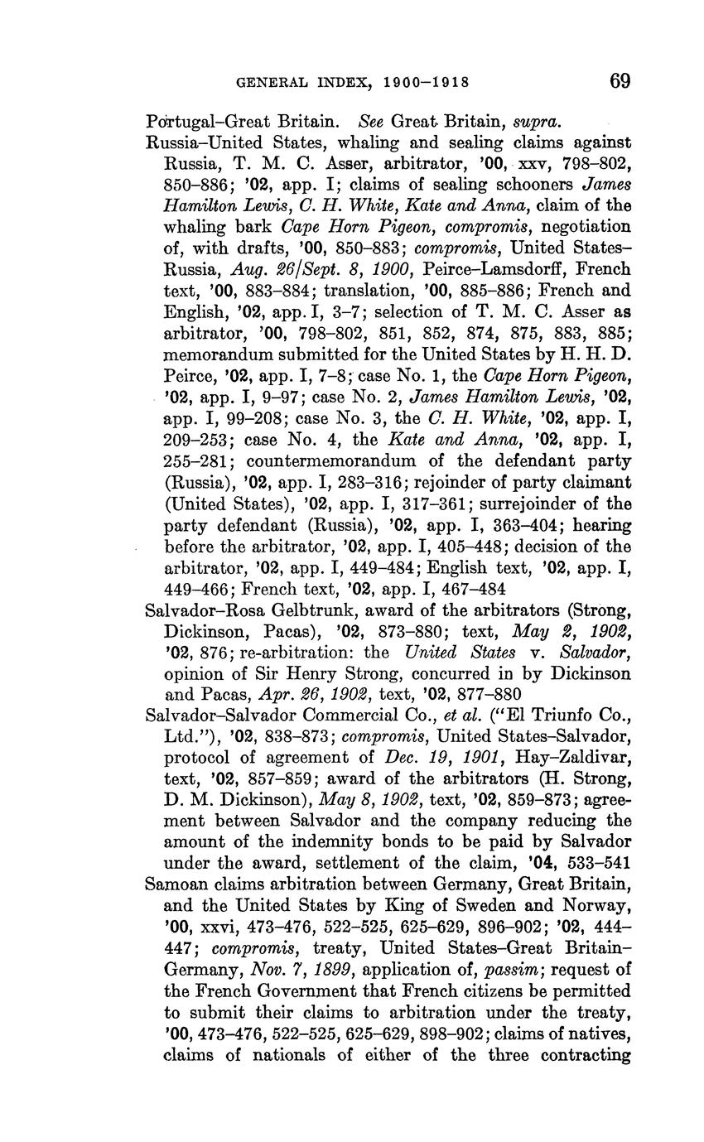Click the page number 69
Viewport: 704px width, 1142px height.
tap(620, 81)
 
